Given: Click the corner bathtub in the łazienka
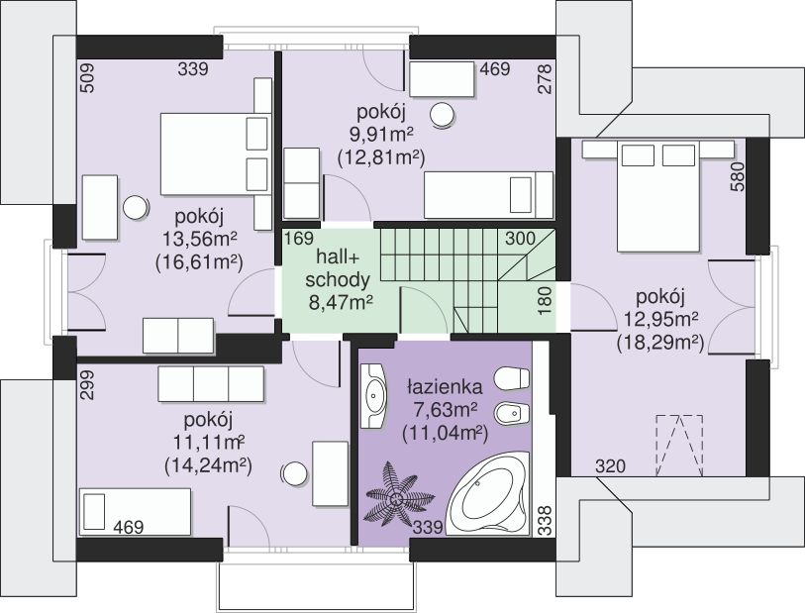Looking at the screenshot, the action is pyautogui.click(x=488, y=495).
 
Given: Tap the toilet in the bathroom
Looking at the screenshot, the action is pyautogui.click(x=511, y=379).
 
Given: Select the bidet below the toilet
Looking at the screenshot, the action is pyautogui.click(x=511, y=413).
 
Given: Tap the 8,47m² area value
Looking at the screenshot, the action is pyautogui.click(x=341, y=303).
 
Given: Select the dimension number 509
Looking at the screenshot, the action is pyautogui.click(x=88, y=77).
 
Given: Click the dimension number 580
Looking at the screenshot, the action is pyautogui.click(x=737, y=176).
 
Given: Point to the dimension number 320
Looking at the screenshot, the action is pyautogui.click(x=610, y=466).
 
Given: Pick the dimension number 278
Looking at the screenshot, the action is pyautogui.click(x=546, y=78).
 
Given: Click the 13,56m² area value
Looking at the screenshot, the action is pyautogui.click(x=200, y=239).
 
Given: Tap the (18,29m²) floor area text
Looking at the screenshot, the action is pyautogui.click(x=659, y=342).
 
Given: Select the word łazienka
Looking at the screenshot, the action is pyautogui.click(x=445, y=385).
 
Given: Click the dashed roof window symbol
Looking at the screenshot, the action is pyautogui.click(x=678, y=445).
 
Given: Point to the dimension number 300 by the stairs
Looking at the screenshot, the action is pyautogui.click(x=520, y=239).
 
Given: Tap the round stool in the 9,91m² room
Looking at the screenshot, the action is pyautogui.click(x=442, y=115).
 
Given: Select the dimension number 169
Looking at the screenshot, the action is pyautogui.click(x=299, y=239).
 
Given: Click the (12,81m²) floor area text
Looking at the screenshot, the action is pyautogui.click(x=381, y=157).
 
